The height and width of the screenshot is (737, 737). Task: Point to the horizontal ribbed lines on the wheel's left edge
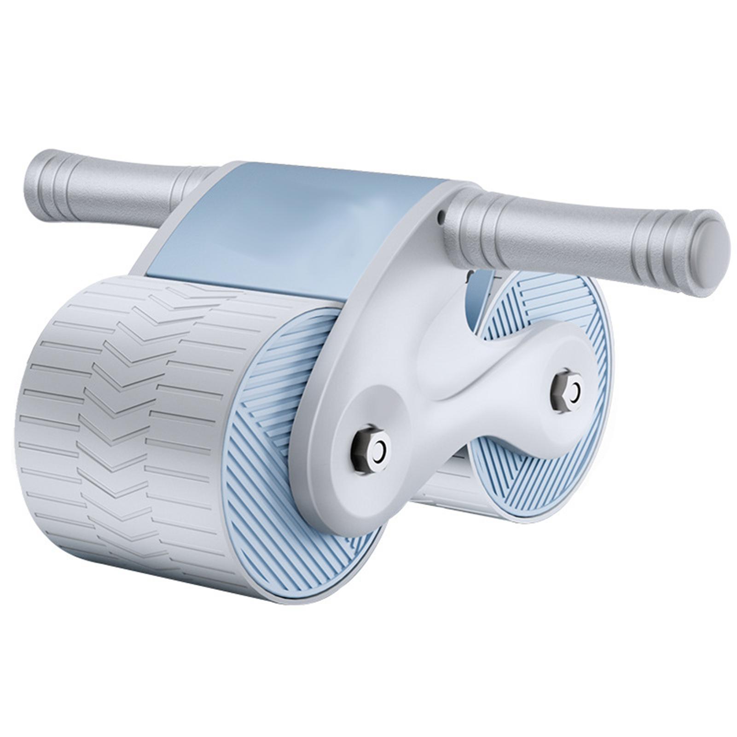(x=41, y=414)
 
